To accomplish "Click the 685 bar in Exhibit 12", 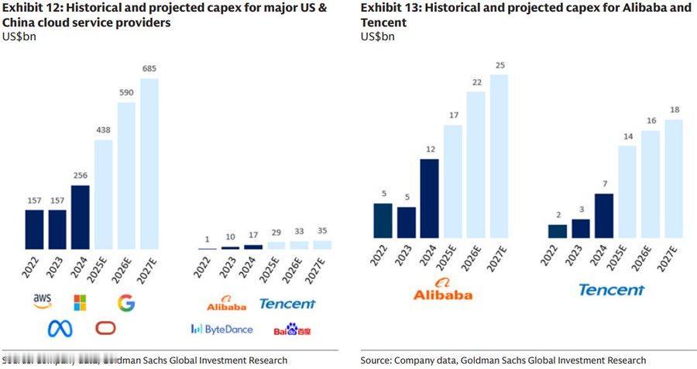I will coord(149,164).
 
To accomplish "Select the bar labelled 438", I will coord(102,195).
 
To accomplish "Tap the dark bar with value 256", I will coord(80,217).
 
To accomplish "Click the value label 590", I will coord(126,93).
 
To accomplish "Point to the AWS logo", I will coord(42,300).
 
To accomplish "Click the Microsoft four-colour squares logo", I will coord(80,302).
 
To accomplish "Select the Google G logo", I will coord(126,302).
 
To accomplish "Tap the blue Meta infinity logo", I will coord(60,328).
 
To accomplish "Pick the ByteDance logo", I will coord(221,329).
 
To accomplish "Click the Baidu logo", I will coord(293,330).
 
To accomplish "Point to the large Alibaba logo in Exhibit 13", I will coord(443,290).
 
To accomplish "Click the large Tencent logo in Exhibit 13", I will coord(611,290).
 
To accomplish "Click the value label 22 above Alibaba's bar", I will coord(476,83).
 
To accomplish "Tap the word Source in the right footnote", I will coord(376,360).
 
